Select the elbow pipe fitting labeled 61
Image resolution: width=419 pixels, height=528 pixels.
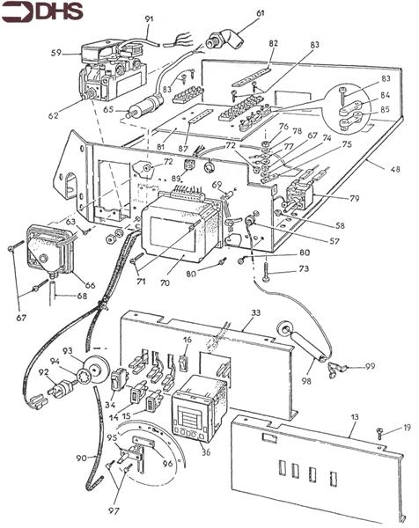(217, 38)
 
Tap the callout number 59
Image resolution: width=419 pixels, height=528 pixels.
(56, 54)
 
